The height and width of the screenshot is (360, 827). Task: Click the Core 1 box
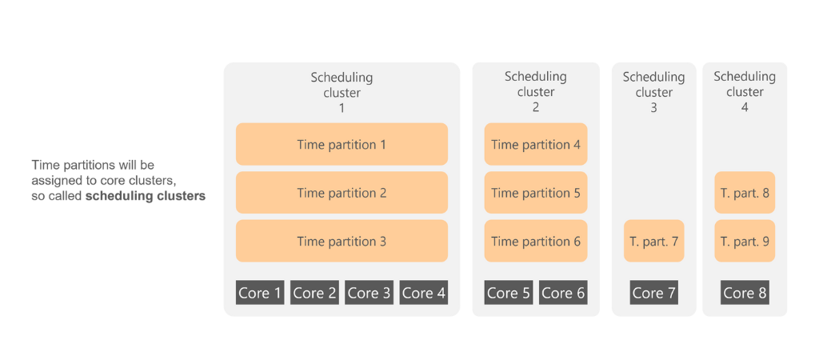(x=260, y=293)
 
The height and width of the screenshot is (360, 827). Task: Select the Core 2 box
(x=315, y=293)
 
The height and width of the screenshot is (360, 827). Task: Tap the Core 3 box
(x=370, y=293)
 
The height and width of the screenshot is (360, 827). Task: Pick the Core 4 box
(x=424, y=293)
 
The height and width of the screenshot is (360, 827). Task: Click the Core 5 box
(x=509, y=293)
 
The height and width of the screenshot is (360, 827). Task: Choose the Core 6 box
(x=563, y=293)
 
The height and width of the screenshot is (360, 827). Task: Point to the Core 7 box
(x=654, y=293)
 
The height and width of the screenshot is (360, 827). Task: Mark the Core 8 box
(x=745, y=293)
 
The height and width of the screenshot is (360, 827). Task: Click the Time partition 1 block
(x=342, y=144)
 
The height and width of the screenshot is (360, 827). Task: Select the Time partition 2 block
(x=342, y=193)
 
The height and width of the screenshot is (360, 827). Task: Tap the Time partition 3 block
(x=342, y=242)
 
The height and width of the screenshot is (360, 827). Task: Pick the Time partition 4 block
(x=536, y=144)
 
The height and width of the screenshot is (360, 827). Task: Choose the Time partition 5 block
(x=536, y=193)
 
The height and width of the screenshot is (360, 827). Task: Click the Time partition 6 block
(x=536, y=242)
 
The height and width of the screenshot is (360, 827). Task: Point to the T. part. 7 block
(x=654, y=242)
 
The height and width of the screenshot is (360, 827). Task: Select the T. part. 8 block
(x=745, y=193)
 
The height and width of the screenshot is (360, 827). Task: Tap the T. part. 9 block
(x=745, y=242)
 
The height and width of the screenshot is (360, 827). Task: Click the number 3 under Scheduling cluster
(x=654, y=108)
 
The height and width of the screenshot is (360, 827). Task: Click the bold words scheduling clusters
(x=146, y=196)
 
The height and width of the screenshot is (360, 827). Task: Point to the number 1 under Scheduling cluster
(x=342, y=108)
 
